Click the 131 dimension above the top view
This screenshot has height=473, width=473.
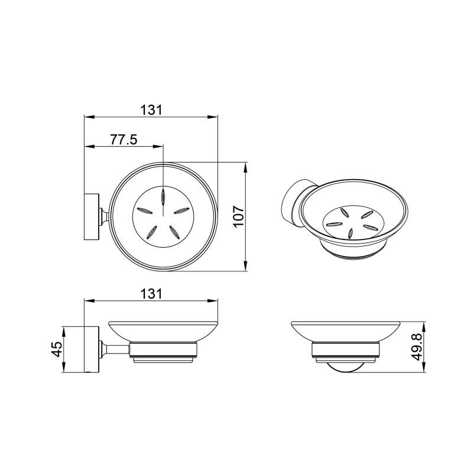(151, 109)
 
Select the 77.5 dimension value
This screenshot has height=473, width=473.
(124, 140)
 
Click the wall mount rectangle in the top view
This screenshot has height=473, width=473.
(91, 216)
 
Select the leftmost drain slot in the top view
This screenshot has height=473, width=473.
(144, 210)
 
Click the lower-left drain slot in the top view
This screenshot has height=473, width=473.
(151, 232)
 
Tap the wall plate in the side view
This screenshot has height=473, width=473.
(91, 349)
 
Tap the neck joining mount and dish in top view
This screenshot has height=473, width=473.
(103, 216)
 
